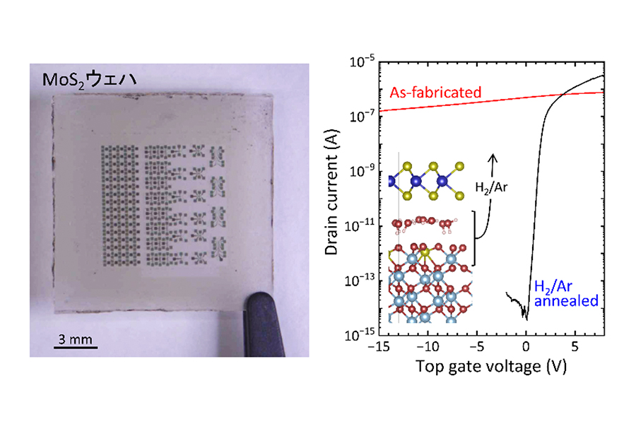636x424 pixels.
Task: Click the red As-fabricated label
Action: click(435, 93)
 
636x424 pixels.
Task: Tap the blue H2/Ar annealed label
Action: click(566, 293)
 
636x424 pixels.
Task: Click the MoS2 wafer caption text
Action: click(89, 80)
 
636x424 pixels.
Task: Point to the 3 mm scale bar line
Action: click(76, 347)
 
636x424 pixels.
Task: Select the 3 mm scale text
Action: click(76, 338)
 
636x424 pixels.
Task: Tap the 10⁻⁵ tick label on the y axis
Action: click(363, 61)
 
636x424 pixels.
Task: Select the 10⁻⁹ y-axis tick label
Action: click(363, 171)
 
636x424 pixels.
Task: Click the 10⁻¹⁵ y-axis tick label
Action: click(360, 335)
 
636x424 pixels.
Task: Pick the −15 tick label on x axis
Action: click(379, 346)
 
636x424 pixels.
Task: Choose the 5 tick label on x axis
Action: click(575, 346)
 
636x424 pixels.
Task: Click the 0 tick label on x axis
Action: click(526, 346)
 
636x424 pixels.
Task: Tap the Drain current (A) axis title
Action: click(331, 192)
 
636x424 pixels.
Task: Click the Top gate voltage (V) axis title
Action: click(491, 366)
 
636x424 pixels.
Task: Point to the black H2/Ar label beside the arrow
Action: click(491, 187)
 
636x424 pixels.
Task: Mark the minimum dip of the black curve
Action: click(526, 319)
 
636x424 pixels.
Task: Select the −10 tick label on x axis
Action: click(428, 346)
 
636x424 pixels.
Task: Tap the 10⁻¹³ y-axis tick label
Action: click(360, 280)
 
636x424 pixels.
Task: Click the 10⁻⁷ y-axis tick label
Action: click(363, 117)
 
